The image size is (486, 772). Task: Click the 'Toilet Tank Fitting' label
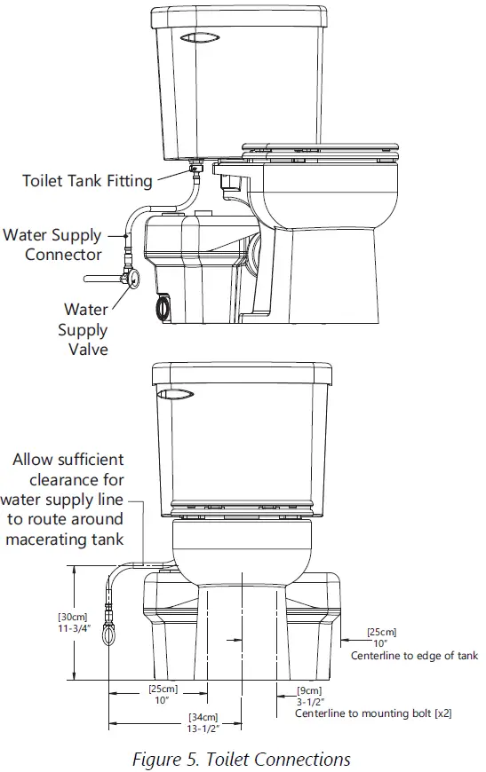87,181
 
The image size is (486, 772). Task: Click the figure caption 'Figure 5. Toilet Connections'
242,759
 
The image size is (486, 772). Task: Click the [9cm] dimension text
308,689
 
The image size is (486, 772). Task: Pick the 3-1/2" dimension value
309,701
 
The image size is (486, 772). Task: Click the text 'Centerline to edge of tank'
414,656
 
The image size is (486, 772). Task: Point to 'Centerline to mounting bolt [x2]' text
372,713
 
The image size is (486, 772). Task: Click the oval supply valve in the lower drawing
109,636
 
